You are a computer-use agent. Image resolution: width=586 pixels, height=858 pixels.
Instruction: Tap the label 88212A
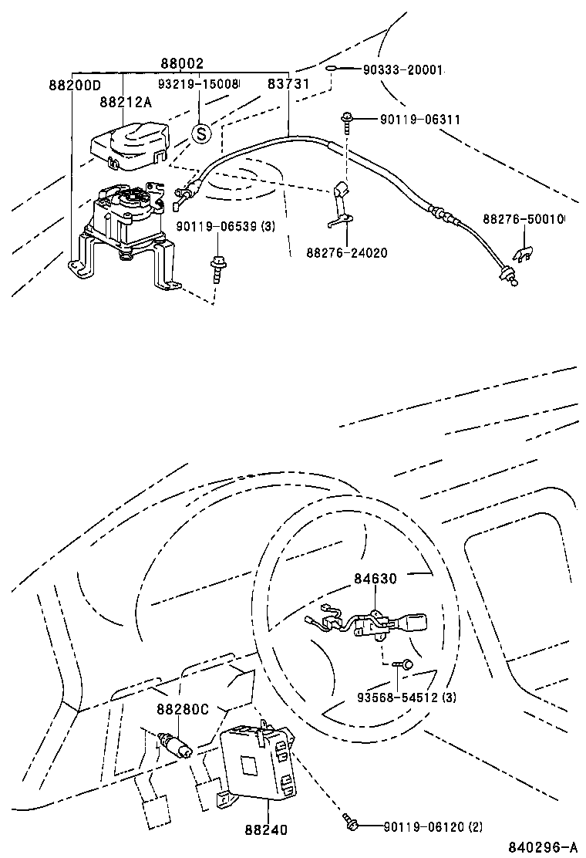[124, 101]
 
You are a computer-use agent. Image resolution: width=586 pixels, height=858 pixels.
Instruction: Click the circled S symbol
[200, 133]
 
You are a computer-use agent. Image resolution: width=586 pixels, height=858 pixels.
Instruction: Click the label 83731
[288, 83]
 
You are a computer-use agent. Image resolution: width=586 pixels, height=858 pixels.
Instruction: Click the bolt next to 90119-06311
[347, 120]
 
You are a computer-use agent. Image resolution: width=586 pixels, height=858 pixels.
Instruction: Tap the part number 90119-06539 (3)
[224, 226]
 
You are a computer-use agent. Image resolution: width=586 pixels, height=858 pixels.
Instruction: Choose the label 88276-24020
[346, 252]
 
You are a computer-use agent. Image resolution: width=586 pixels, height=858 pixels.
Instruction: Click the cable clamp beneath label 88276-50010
[522, 252]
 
